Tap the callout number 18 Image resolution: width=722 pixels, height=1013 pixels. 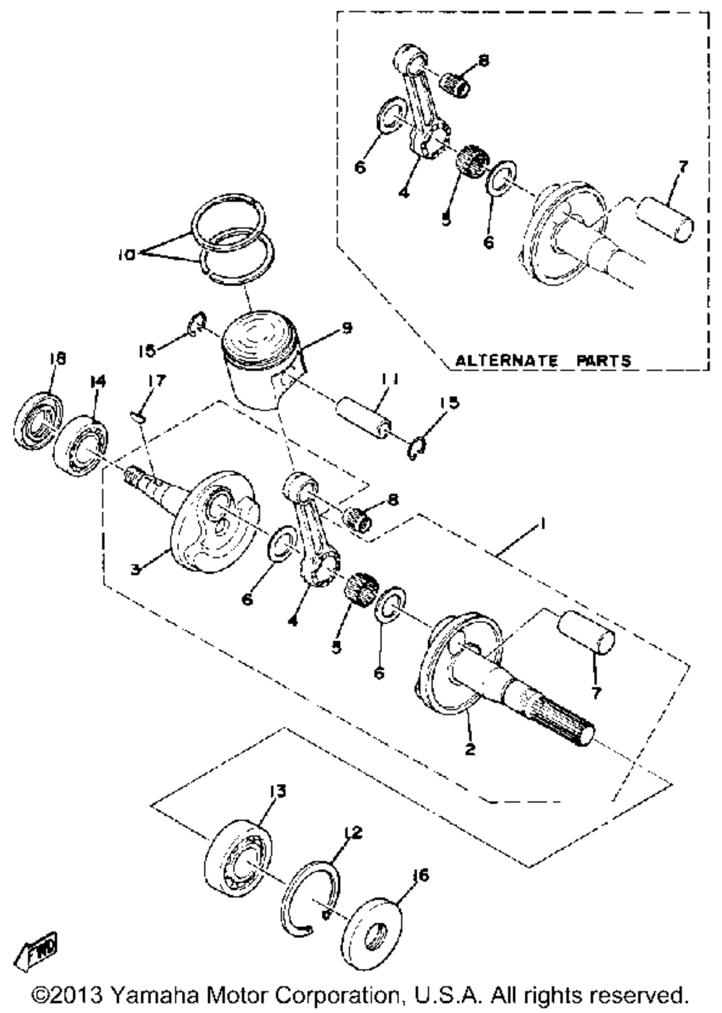coord(57,358)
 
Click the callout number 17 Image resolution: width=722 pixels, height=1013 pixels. coord(157,380)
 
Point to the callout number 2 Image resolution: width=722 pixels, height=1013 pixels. coord(470,749)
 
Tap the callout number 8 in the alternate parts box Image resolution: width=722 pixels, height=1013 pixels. coord(483,61)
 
